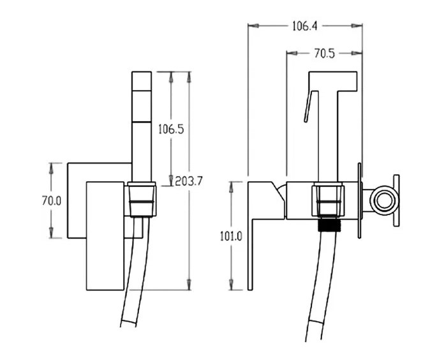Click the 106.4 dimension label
point(305,26)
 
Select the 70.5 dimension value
point(324,53)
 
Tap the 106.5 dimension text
point(171,130)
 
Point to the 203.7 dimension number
point(189,181)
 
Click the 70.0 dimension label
point(52,201)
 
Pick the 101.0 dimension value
point(232,236)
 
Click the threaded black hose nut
point(329,225)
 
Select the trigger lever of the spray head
point(308,106)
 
